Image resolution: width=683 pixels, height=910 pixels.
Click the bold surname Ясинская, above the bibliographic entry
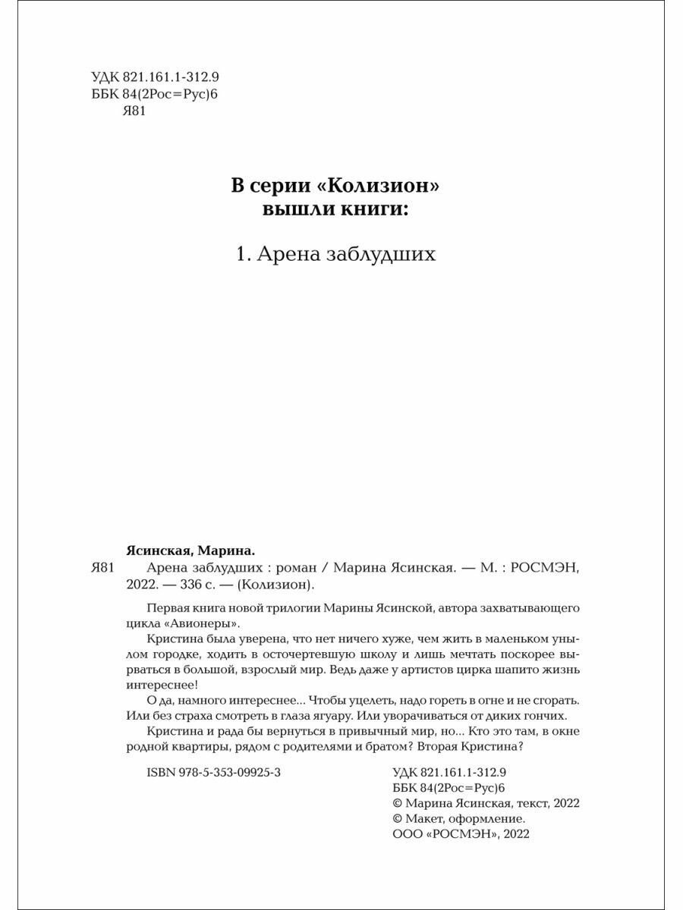click(x=158, y=551)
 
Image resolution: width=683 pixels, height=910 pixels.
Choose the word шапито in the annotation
click(x=499, y=670)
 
